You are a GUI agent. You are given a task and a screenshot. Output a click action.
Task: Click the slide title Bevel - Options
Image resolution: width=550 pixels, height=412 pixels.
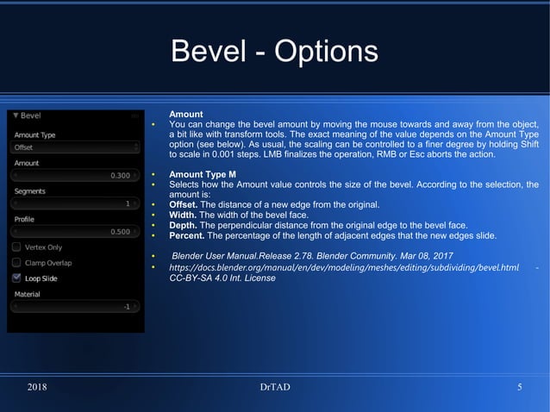(274, 51)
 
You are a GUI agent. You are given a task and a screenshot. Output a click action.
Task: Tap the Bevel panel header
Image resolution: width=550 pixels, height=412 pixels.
(30, 115)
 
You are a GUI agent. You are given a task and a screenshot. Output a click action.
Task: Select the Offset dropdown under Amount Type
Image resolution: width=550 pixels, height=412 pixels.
(73, 147)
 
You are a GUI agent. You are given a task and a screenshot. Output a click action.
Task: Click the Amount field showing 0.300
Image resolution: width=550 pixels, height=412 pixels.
(73, 176)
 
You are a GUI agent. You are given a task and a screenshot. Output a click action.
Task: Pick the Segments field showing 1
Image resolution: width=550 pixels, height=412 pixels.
(73, 204)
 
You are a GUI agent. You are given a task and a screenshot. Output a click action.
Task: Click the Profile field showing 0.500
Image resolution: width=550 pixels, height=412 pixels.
(73, 232)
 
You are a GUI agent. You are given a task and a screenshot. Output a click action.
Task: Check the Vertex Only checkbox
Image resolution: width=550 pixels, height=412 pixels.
(17, 247)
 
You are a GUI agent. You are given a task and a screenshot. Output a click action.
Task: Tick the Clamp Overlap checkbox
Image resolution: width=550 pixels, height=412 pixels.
(17, 263)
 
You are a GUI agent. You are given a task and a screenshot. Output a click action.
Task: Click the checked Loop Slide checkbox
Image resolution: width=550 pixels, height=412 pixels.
(17, 278)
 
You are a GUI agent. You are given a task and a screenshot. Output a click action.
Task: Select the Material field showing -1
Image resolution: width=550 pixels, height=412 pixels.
(73, 307)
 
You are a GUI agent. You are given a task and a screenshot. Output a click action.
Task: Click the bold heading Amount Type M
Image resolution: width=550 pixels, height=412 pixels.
(203, 175)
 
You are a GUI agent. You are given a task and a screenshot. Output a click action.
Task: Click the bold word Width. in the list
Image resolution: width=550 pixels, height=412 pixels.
(183, 215)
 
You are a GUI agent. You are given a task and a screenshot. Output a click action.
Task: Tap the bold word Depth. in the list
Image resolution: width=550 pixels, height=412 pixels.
(184, 225)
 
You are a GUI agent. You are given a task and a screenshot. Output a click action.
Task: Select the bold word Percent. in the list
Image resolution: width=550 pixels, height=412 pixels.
(187, 235)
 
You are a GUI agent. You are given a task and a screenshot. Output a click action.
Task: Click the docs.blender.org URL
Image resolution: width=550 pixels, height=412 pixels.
(344, 268)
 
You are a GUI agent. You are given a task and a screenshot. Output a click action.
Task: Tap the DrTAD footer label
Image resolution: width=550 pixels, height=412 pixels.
(275, 387)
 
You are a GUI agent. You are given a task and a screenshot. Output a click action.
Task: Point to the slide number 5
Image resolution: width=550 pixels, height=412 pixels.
(520, 387)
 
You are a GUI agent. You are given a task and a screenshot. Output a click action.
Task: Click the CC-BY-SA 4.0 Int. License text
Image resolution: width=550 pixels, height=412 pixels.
(222, 278)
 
